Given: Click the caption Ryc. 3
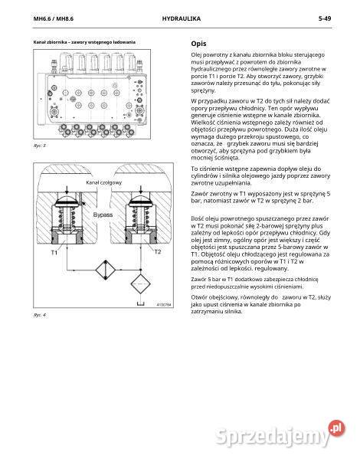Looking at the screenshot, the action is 40,144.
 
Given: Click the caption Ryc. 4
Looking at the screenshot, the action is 40,315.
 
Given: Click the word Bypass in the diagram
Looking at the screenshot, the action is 102,215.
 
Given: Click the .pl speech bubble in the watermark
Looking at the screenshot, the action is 335,428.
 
